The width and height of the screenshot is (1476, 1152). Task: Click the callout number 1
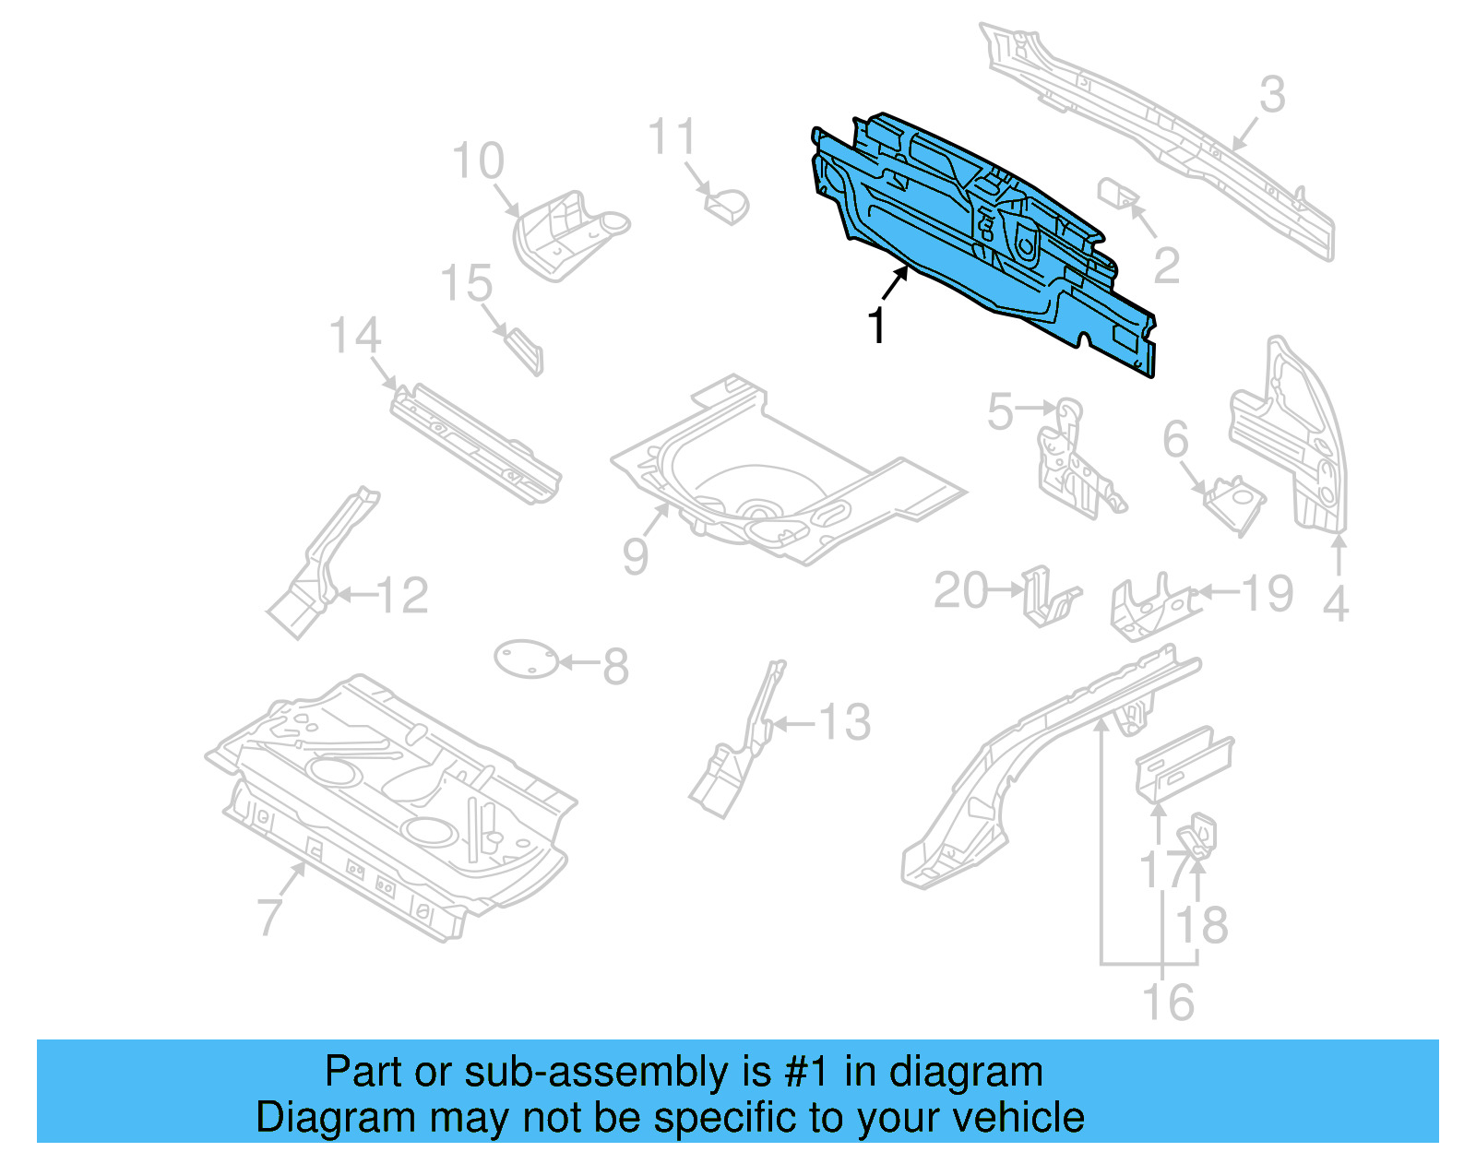coord(876,326)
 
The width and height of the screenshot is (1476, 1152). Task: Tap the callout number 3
coord(1272,95)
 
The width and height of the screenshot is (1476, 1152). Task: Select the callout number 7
coord(268,916)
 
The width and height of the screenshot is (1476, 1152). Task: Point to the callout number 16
coord(1168,1003)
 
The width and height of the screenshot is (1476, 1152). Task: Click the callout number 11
coord(671,137)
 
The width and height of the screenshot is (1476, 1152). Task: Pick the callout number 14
coord(355,336)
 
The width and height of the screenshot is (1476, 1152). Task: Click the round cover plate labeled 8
coord(527,659)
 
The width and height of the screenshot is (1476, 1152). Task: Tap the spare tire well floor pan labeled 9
coord(784,480)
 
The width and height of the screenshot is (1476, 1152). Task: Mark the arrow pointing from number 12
coord(354,596)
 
